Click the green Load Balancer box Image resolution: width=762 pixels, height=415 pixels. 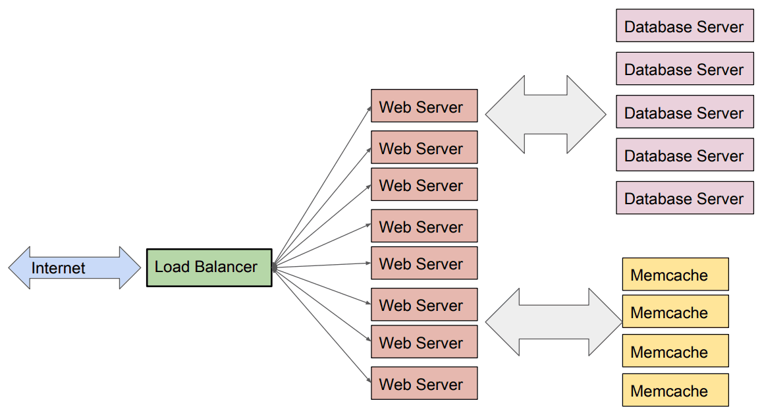209,267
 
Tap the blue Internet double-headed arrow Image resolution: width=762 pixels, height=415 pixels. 74,268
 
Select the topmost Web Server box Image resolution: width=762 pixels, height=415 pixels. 423,106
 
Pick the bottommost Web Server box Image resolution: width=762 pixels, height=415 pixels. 423,383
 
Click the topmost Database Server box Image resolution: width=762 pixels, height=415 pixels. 684,26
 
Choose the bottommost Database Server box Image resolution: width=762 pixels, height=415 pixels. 684,198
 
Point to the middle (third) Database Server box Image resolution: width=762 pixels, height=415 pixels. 684,112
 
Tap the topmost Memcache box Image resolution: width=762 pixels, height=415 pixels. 675,275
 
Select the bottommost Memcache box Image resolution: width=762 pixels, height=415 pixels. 675,391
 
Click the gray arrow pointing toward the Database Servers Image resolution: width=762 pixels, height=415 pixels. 545,115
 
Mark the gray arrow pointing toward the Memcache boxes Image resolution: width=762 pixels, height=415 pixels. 553,321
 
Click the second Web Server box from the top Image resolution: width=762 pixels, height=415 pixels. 423,148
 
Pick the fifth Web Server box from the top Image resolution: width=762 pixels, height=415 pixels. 423,263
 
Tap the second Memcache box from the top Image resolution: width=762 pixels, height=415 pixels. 675,312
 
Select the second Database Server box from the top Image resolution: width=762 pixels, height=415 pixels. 684,69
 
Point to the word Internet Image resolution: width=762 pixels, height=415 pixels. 59,268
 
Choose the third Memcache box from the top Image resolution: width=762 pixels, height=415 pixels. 675,351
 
